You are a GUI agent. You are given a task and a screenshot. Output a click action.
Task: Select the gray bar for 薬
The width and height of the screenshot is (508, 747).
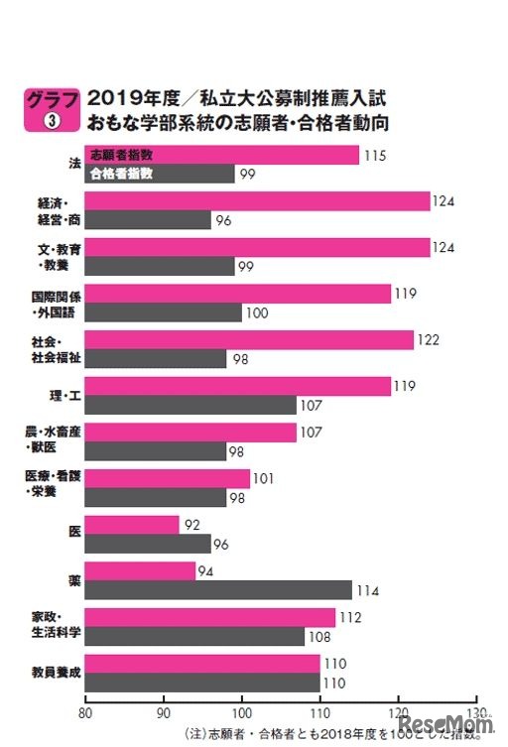click(x=218, y=589)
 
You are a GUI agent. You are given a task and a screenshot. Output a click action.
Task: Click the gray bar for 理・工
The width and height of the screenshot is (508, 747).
click(x=190, y=405)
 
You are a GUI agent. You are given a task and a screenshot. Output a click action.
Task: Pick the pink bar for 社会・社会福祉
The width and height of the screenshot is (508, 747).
click(x=249, y=340)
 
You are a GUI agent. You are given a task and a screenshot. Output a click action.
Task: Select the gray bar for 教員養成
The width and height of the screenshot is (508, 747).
click(x=202, y=683)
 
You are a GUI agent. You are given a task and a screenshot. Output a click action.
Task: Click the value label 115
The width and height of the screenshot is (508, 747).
click(x=373, y=156)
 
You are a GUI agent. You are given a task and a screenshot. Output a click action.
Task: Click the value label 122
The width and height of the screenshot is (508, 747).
click(x=429, y=340)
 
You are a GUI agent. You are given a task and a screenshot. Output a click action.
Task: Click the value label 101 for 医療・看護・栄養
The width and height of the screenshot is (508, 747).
click(x=265, y=479)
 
